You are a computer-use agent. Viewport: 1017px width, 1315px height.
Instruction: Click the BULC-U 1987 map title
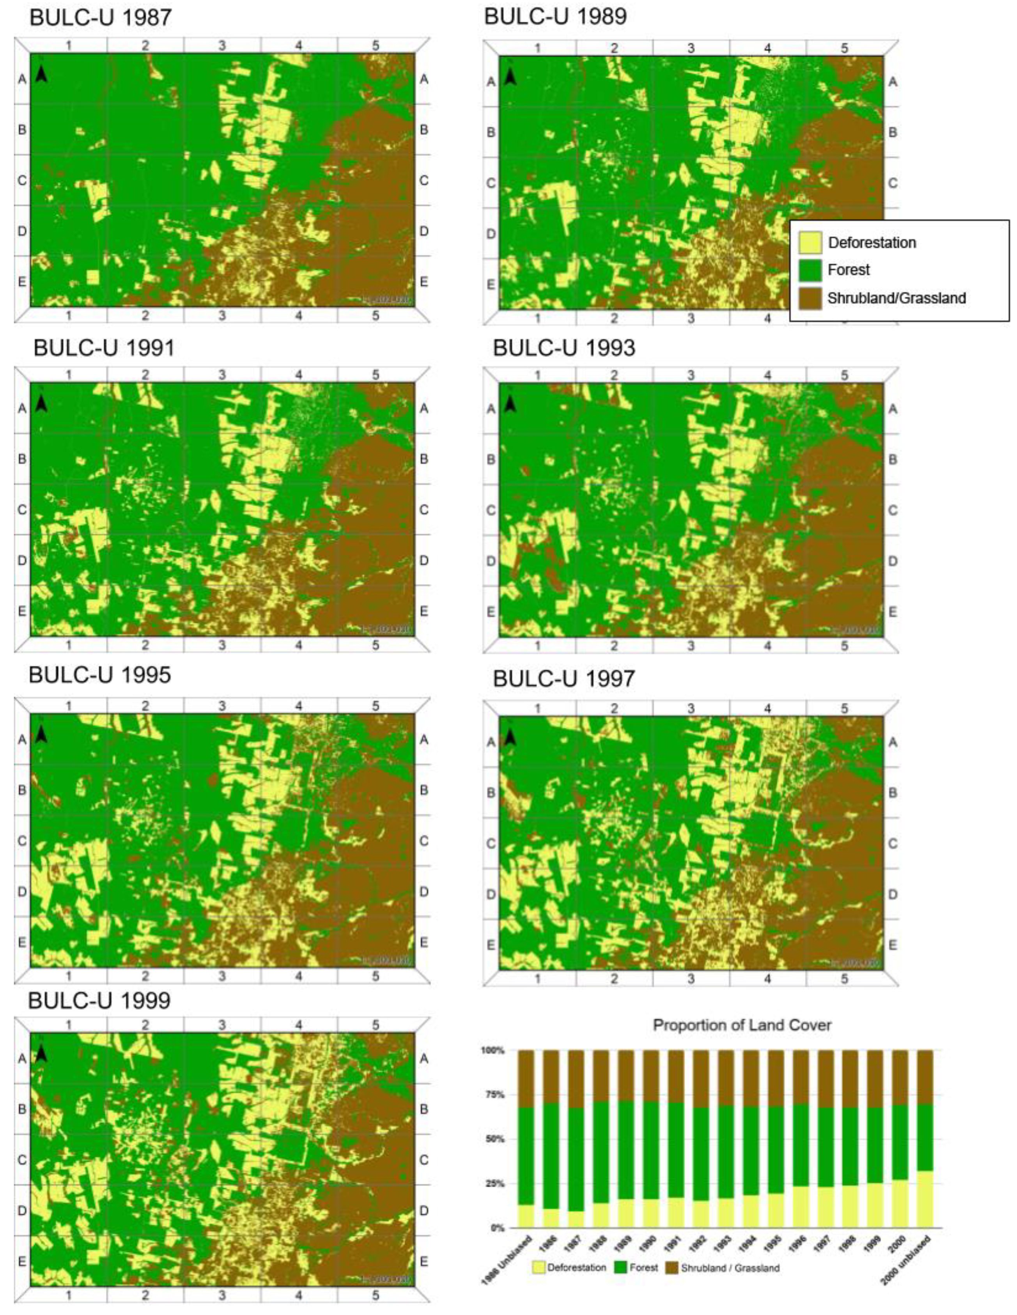pos(101,18)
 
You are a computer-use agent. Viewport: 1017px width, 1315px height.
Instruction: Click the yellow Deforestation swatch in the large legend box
pos(810,242)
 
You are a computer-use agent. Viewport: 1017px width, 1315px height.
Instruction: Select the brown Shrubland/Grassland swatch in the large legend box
pos(810,298)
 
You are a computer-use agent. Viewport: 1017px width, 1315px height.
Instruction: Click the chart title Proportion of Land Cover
pos(742,1025)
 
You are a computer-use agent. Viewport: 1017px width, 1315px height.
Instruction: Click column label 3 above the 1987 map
pos(222,45)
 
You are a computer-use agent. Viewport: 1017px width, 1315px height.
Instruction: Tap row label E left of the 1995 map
pos(22,942)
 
